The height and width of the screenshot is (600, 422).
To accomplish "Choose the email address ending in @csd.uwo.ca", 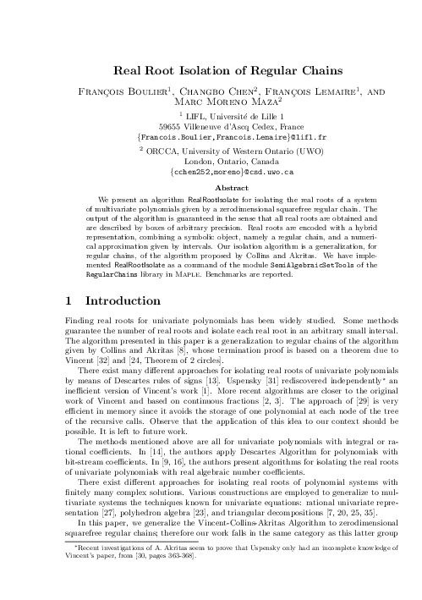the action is (211, 171).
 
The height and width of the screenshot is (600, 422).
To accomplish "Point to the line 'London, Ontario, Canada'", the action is (211, 160).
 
